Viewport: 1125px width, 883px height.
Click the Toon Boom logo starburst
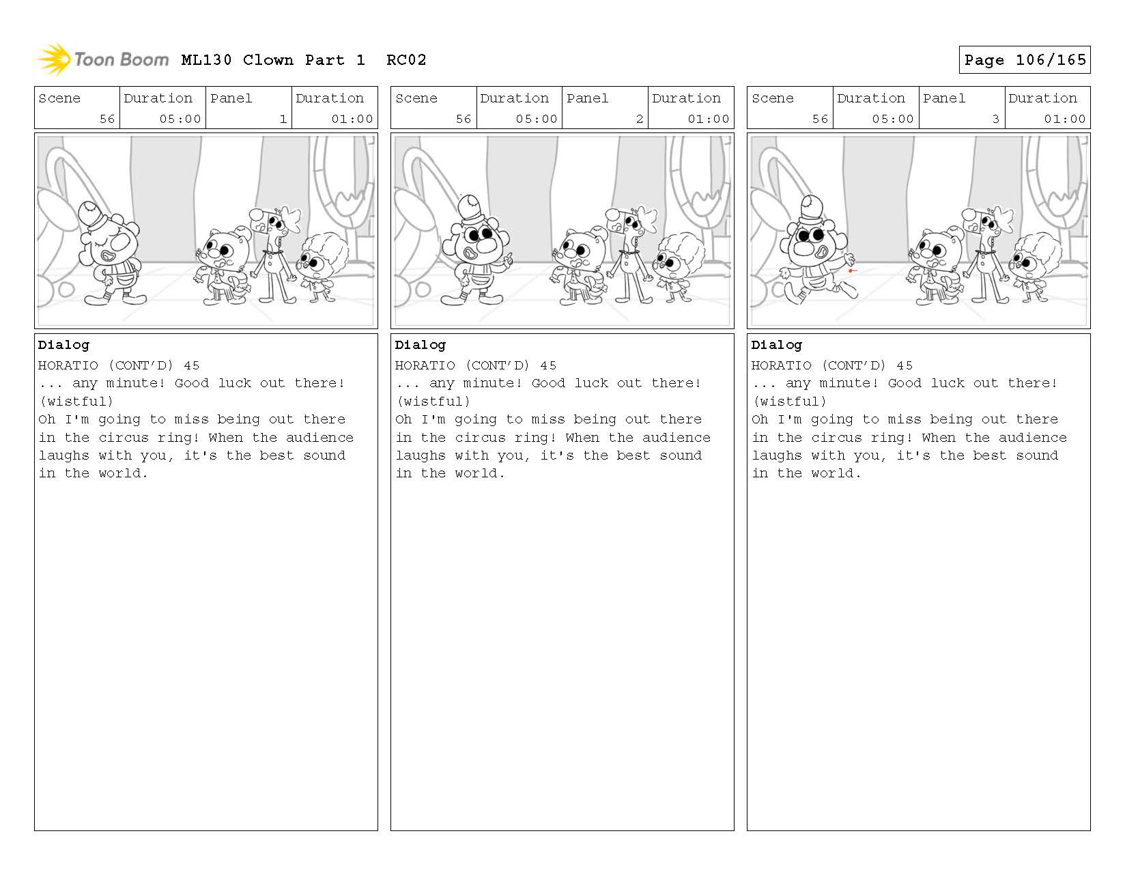[53, 59]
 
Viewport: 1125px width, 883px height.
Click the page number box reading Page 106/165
[1024, 59]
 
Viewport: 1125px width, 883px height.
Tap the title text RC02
[406, 60]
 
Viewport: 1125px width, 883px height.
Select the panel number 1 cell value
[283, 119]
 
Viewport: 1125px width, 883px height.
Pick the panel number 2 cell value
[640, 119]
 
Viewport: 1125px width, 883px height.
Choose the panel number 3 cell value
[995, 119]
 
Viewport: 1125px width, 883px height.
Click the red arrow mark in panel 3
[852, 270]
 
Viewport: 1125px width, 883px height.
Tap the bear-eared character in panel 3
[932, 265]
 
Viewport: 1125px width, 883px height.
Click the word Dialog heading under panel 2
[420, 345]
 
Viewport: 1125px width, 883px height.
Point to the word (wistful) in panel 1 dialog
[76, 402]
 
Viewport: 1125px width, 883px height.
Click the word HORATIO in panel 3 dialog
[781, 365]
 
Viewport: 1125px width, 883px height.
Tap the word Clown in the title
[268, 60]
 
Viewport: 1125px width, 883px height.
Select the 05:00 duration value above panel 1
[180, 119]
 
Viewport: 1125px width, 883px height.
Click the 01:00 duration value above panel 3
[1064, 119]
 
